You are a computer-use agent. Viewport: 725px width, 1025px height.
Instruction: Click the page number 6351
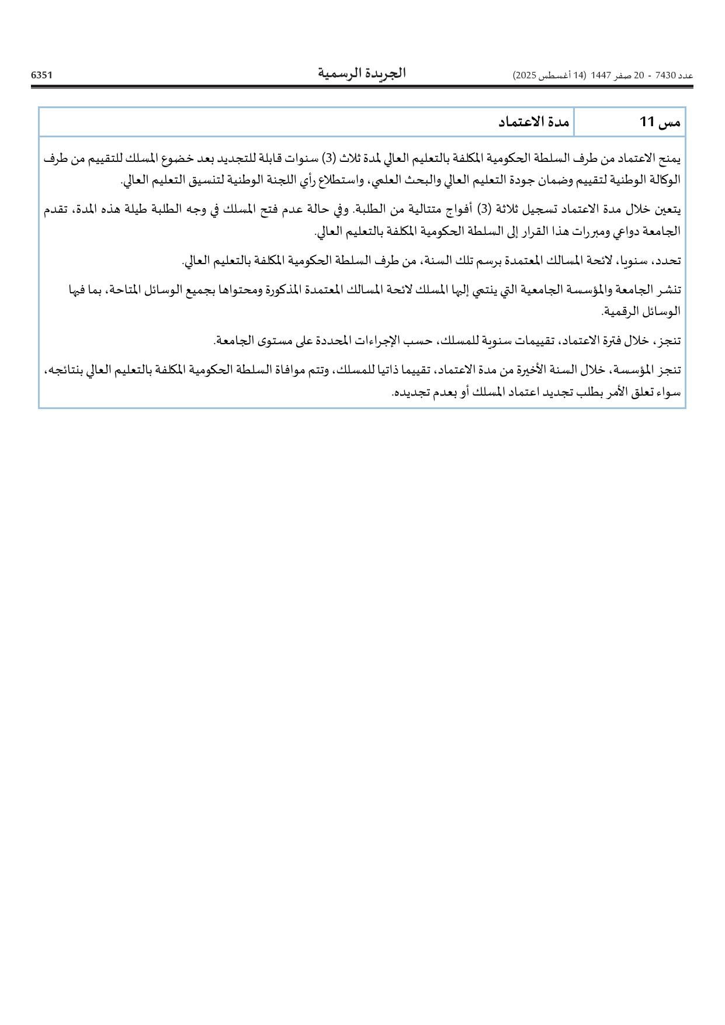[41, 75]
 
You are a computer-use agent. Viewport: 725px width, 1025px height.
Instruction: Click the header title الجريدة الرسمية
[362, 74]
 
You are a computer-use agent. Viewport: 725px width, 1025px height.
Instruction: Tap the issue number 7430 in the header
[666, 76]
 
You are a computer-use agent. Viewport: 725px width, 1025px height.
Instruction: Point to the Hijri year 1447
[601, 76]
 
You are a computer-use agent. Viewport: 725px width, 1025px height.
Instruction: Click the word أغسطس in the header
[556, 76]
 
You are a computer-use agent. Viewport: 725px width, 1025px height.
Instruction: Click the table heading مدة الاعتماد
[533, 122]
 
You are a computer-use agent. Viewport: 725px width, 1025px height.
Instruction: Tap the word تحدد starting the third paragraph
[670, 261]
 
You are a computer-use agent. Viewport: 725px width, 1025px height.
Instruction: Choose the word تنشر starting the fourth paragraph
[670, 289]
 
